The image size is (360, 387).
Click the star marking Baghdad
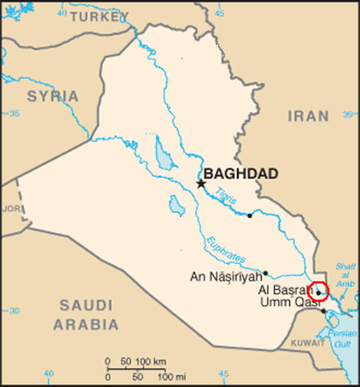[x=201, y=183]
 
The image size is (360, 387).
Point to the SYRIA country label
[x=53, y=97]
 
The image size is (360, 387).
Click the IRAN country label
[x=308, y=116]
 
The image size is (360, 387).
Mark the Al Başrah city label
[x=283, y=290]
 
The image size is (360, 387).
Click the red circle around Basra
[x=319, y=291]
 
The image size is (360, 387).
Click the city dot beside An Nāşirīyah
[x=265, y=273]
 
